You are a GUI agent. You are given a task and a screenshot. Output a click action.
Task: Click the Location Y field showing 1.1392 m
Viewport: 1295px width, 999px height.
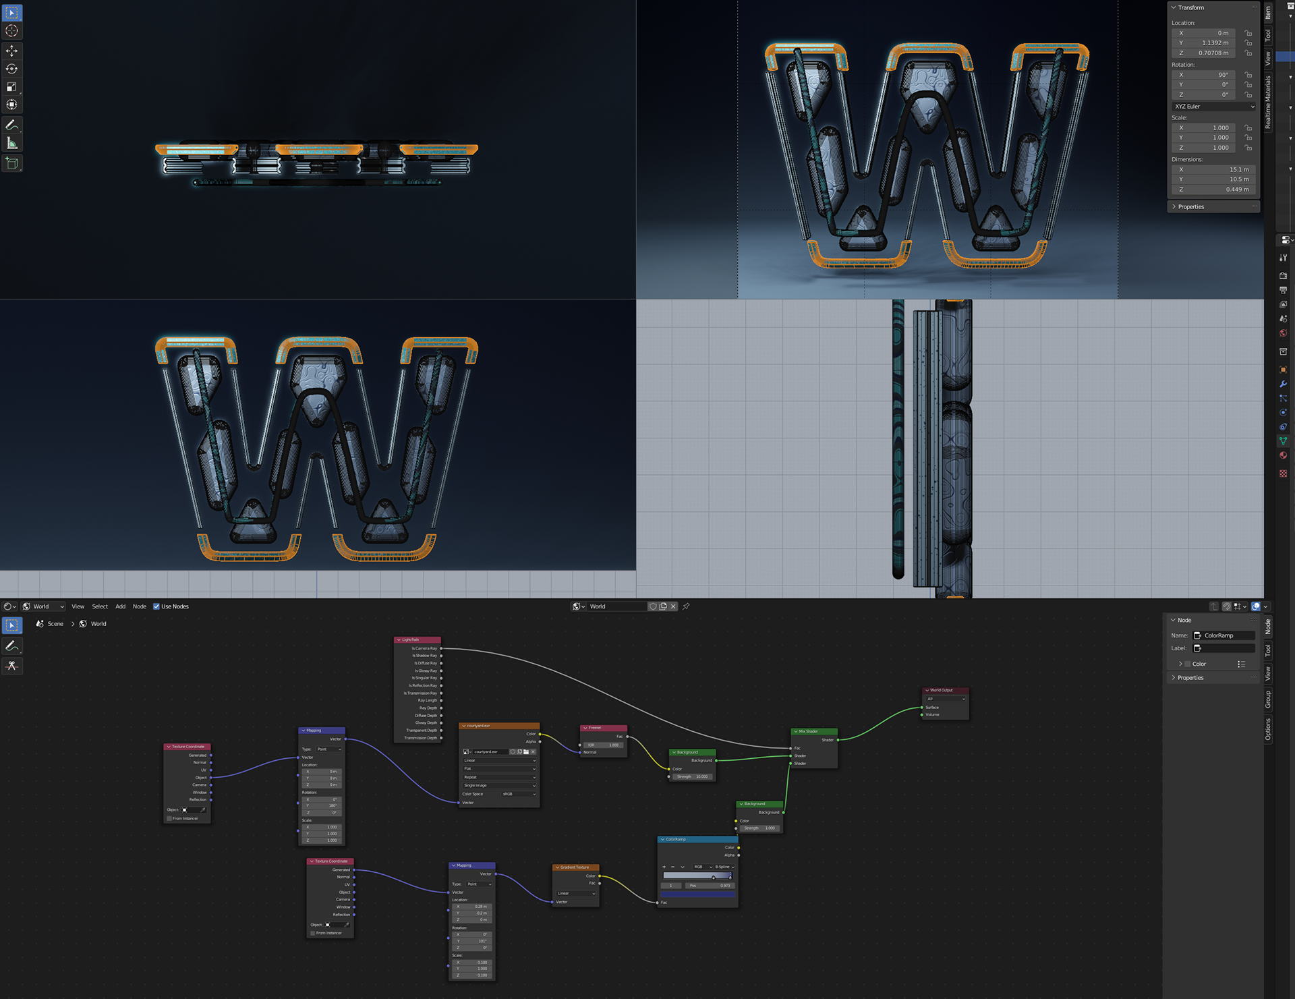click(1212, 42)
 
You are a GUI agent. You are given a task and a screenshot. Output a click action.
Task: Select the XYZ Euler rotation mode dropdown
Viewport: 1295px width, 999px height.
click(1213, 107)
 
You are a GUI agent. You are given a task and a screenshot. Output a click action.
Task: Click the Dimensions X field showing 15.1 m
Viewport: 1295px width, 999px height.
click(1212, 169)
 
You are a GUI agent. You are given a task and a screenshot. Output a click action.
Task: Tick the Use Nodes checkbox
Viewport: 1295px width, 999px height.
click(156, 606)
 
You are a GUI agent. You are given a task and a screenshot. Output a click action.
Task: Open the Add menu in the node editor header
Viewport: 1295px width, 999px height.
click(120, 606)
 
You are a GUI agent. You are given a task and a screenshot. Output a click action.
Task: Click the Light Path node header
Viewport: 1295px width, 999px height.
click(417, 639)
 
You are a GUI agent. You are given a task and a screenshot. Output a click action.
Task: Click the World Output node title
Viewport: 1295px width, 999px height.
click(944, 690)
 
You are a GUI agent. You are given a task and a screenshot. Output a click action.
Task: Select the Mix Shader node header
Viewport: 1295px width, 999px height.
click(813, 731)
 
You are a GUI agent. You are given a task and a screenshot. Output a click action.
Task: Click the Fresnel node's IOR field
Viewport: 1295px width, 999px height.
click(603, 745)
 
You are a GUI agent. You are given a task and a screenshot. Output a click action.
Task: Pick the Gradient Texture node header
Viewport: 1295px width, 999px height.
click(575, 867)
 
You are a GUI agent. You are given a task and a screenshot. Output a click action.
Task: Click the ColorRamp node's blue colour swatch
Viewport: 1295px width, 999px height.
click(697, 894)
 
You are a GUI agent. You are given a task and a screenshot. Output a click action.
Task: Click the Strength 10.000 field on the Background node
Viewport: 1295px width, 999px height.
click(693, 776)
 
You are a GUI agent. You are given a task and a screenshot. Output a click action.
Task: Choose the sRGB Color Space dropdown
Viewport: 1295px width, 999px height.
click(518, 794)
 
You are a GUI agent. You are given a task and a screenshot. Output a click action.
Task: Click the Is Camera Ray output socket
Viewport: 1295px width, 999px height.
click(441, 648)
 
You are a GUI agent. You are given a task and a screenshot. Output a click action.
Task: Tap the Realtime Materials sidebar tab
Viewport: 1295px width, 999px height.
click(1268, 101)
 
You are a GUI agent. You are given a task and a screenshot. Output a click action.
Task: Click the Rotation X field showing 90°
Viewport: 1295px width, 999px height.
click(1212, 75)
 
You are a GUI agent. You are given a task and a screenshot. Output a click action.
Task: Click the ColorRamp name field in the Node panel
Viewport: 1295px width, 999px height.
click(1224, 635)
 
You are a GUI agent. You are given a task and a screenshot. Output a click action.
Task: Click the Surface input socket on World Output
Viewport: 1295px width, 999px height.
click(922, 708)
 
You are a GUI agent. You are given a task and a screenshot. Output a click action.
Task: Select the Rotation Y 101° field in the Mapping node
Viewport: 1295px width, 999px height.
click(471, 941)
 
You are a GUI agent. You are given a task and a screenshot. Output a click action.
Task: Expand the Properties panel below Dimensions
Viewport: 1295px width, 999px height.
click(1190, 207)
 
